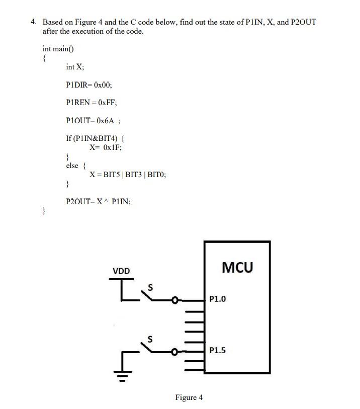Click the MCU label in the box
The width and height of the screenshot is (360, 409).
point(237,267)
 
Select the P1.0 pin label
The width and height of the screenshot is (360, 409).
point(218,299)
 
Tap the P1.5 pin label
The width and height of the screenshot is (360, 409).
point(218,350)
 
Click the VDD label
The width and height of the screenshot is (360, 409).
point(121,271)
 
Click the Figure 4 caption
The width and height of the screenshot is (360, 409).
point(189,397)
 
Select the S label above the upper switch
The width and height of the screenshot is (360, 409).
point(149,288)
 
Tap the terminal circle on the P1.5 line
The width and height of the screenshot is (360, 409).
point(174,351)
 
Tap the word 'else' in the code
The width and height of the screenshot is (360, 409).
point(72,166)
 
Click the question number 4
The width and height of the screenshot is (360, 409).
point(33,22)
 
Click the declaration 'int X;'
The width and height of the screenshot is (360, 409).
point(75,67)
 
